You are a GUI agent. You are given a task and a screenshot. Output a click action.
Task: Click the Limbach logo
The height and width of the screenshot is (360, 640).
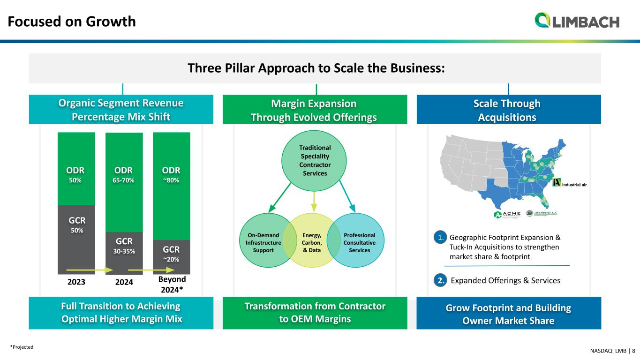[x=577, y=21]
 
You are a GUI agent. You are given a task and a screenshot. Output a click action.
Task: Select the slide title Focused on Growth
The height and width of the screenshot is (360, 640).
[x=72, y=22]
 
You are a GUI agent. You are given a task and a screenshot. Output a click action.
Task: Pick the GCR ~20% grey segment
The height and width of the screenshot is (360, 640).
[x=172, y=257]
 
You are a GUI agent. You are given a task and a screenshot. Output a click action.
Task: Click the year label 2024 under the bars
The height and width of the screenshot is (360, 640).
[x=124, y=283]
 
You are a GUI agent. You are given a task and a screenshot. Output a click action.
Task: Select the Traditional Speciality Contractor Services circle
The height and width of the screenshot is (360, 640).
[x=314, y=160]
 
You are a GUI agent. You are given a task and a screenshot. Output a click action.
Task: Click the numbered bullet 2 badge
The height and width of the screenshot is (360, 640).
[x=440, y=280]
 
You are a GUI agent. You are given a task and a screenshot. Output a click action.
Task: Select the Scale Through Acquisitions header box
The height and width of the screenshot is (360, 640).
[x=509, y=110]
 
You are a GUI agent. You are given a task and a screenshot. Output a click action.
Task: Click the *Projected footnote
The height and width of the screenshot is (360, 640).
[x=22, y=347]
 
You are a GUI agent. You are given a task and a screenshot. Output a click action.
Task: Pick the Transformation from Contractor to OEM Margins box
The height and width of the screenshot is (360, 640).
[x=315, y=313]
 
